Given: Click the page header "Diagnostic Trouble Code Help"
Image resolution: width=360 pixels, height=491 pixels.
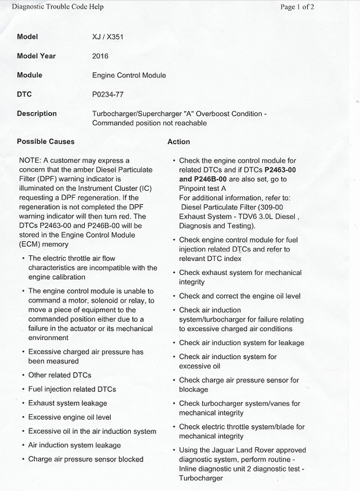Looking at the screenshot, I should click(48, 7).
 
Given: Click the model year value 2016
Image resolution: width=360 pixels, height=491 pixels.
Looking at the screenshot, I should click(101, 56).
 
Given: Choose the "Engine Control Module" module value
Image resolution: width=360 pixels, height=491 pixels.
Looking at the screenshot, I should click(129, 75).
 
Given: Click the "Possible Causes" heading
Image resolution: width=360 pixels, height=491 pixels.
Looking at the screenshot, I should click(45, 142).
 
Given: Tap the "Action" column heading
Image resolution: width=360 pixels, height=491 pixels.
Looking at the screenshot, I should click(179, 142).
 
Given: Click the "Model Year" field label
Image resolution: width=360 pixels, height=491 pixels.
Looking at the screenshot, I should click(38, 56).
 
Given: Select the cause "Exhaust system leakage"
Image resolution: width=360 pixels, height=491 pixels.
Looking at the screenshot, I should click(68, 403).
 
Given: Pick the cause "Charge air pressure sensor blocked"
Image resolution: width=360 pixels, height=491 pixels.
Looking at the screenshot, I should click(86, 459).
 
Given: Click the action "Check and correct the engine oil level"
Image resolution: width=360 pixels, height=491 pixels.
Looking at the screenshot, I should click(240, 296).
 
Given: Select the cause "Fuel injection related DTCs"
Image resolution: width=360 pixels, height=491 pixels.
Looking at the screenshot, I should click(72, 389).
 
